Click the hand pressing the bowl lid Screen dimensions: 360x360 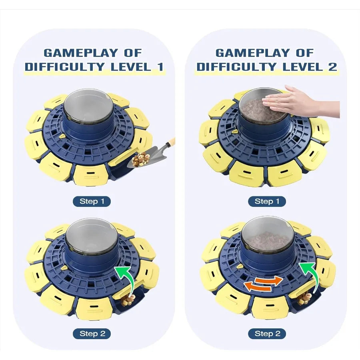coord(304,101)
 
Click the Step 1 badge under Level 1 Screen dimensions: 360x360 coord(92,201)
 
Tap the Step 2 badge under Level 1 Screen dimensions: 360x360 coord(92,333)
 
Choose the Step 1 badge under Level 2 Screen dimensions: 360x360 coord(267,201)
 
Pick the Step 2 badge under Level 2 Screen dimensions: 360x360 coord(267,333)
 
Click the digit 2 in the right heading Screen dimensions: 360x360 coord(332,67)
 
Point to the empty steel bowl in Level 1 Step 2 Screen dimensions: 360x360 coord(92,238)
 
